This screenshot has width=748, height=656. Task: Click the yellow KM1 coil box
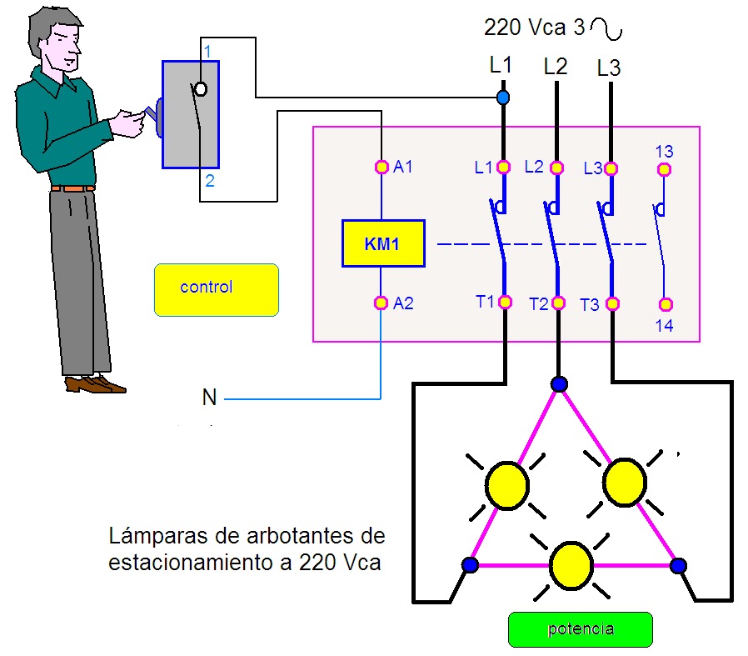point(383,243)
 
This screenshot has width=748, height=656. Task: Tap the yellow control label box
point(217,289)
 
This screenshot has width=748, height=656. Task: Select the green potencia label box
point(580,629)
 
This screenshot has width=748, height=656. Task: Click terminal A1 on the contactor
point(381,168)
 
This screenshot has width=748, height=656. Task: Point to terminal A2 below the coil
point(381,303)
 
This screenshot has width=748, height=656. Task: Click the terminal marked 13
point(664,169)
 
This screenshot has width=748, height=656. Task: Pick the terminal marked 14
point(664,305)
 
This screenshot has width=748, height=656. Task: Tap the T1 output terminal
point(505,302)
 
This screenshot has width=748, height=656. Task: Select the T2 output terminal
point(558,303)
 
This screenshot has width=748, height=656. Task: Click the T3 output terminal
point(612,304)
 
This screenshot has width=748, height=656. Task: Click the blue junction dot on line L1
point(502,98)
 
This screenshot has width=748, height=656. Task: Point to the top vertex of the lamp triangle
point(558,384)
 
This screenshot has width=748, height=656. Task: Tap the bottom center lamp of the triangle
point(571,563)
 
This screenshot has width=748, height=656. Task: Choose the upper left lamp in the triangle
point(506,485)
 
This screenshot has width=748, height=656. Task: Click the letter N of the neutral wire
point(209,398)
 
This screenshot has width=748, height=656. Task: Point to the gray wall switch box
point(190,114)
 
